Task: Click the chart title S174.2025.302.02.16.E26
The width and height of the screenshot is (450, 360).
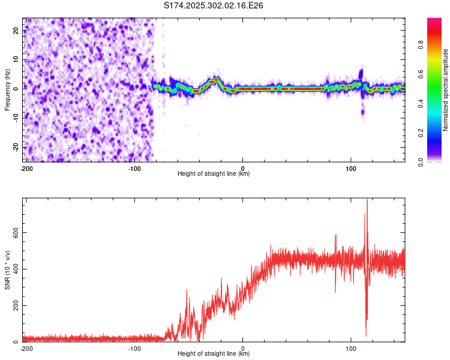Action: pyautogui.click(x=214, y=5)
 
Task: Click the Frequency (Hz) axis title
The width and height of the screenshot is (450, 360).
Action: pyautogui.click(x=7, y=89)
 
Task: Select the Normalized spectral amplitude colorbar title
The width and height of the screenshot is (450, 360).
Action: pyautogui.click(x=445, y=90)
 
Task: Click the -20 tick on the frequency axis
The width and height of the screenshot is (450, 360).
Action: pyautogui.click(x=15, y=147)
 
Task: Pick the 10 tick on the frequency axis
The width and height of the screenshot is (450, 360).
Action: pyautogui.click(x=16, y=60)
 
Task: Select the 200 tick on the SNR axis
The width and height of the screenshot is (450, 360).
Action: pyautogui.click(x=13, y=305)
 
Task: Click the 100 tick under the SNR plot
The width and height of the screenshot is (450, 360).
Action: pyautogui.click(x=351, y=349)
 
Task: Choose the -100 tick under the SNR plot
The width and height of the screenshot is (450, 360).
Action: pyautogui.click(x=134, y=349)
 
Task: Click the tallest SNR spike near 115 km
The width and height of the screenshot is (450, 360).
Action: pyautogui.click(x=367, y=201)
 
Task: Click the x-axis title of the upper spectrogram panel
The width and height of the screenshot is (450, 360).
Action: pyautogui.click(x=214, y=174)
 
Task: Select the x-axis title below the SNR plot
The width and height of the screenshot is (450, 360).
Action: pyautogui.click(x=214, y=354)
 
